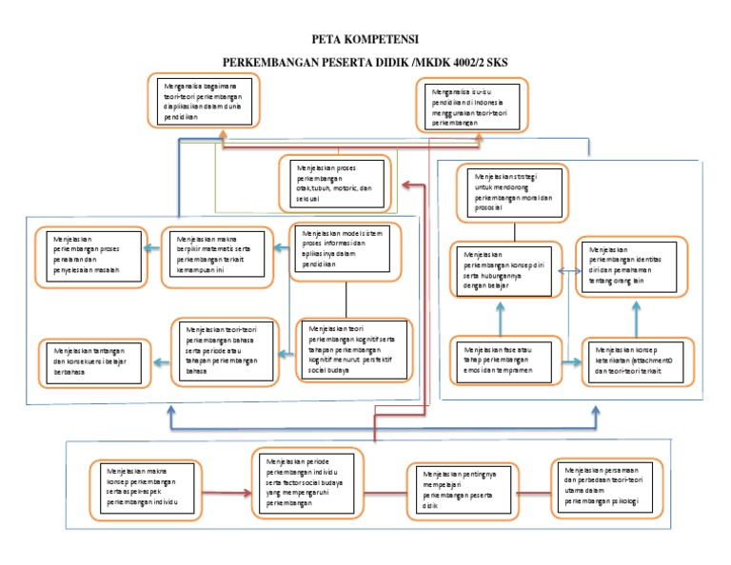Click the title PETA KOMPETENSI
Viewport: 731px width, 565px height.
365,42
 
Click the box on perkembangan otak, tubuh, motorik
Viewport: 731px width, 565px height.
339,181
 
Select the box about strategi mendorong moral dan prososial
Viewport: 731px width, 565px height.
515,191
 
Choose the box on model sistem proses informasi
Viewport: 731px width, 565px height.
345,251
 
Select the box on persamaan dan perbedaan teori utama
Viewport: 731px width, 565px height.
608,487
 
